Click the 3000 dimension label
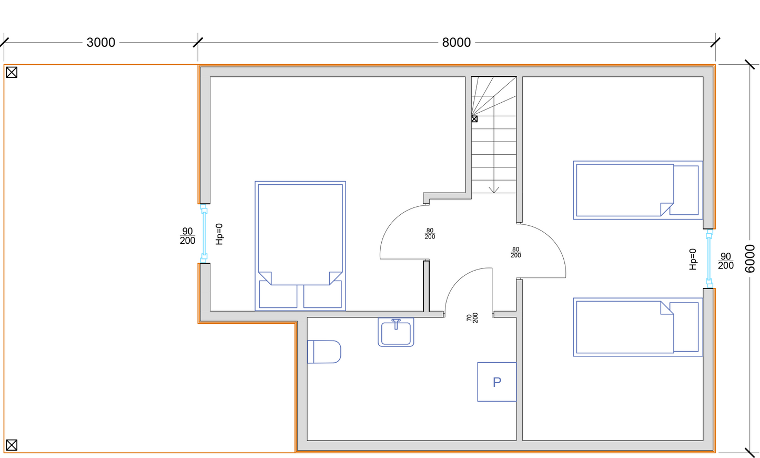tap(101, 43)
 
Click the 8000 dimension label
tap(457, 43)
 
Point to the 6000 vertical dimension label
tap(750, 258)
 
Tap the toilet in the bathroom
tap(324, 352)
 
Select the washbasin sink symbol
tap(396, 332)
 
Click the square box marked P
tap(496, 382)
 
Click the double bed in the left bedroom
tap(300, 246)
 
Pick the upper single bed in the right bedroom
tap(638, 190)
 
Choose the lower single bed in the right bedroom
tap(638, 327)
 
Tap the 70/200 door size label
tap(472, 318)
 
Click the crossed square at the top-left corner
tap(12, 72)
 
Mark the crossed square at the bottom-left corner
tap(12, 445)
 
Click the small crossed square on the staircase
tap(474, 119)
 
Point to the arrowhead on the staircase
tap(494, 190)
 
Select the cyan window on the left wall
tap(204, 233)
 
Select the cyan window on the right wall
tap(709, 258)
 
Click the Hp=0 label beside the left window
tap(219, 234)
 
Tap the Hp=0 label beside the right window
tap(693, 260)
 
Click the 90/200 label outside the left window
tap(187, 236)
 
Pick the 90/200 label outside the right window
tap(726, 261)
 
